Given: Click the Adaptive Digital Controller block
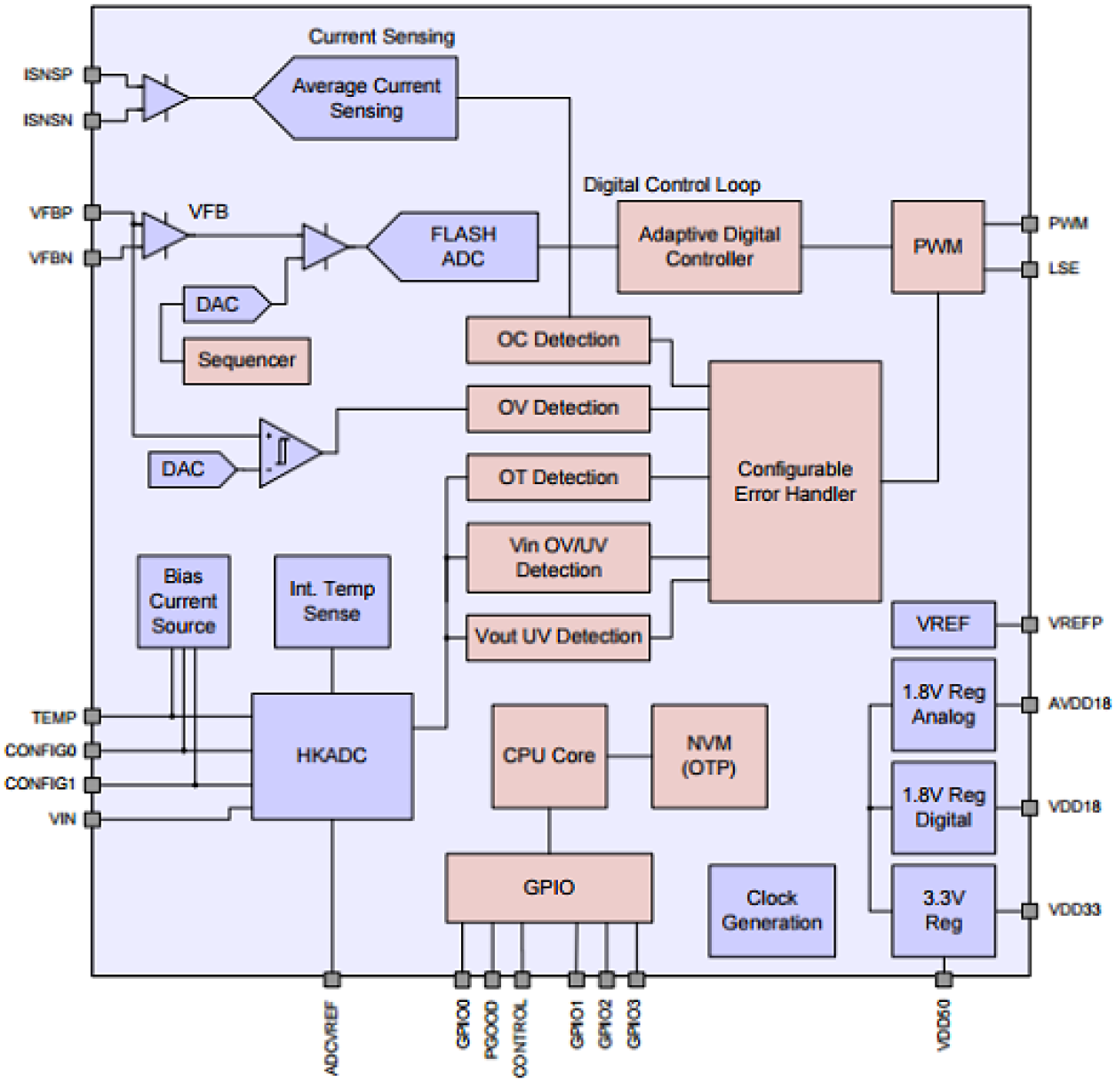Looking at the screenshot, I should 709,247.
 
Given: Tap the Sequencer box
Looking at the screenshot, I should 246,361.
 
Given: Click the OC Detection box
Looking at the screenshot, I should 558,340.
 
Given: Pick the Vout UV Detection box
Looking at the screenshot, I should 558,637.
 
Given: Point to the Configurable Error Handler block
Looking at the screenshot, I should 795,481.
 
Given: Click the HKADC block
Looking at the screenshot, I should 331,756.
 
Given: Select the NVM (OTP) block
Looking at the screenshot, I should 709,756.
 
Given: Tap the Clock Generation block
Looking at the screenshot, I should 771,911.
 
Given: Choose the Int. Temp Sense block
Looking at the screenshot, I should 331,601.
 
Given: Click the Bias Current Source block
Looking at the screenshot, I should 183,601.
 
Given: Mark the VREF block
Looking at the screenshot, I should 943,625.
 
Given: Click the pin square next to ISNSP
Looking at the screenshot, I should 92,75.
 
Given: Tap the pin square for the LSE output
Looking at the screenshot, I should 1029,268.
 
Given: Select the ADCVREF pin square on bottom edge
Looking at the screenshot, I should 331,979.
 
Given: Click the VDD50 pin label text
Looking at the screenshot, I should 944,1027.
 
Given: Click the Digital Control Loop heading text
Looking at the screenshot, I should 671,185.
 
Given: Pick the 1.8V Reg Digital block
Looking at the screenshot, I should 943,808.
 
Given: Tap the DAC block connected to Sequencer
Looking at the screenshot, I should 223,305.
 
